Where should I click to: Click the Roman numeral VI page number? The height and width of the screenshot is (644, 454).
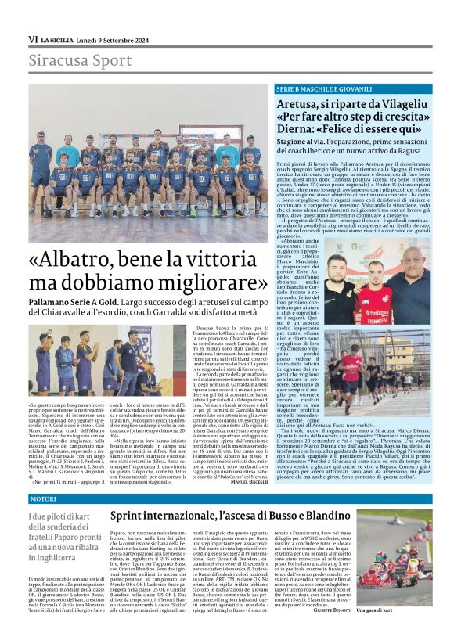tap(33, 39)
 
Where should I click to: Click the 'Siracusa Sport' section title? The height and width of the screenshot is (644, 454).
tap(68, 60)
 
